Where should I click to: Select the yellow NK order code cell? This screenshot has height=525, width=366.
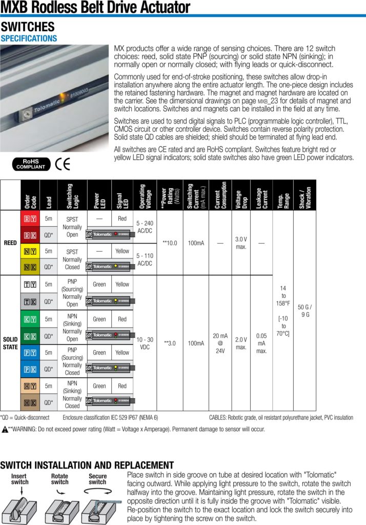[x=30, y=267]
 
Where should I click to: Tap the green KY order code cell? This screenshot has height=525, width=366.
[x=30, y=319]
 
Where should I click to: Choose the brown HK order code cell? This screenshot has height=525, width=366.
[x=30, y=403]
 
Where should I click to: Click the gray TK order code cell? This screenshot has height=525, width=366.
[x=30, y=301]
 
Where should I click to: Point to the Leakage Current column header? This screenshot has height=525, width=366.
[x=261, y=195]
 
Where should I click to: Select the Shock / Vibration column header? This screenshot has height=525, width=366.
[x=304, y=195]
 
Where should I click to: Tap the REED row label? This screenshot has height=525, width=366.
[x=11, y=243]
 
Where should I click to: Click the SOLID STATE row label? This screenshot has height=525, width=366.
[x=11, y=344]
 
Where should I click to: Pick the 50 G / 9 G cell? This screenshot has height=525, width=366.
[x=304, y=311]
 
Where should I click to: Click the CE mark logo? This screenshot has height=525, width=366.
[x=63, y=165]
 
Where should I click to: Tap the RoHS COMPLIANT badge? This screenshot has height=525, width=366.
[x=30, y=165]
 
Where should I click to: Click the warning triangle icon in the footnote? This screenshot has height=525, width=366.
[x=5, y=429]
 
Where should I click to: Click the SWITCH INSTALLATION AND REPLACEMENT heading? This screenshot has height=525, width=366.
[x=87, y=466]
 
